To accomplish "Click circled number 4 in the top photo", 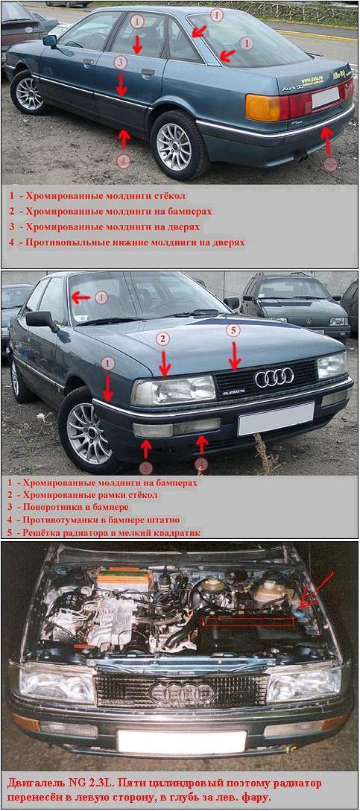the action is pos(123,161).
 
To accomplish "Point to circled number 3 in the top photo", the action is pos(120,63).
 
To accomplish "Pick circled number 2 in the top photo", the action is pos(330,164).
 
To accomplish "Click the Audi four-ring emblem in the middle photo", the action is pos(274,378).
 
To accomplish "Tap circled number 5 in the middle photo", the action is pos(233,330).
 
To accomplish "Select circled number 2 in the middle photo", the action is pos(163,338).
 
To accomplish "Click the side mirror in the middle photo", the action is pos(42,321).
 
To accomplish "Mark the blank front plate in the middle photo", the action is pos(276,419).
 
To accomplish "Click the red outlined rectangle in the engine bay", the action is pos(247,621).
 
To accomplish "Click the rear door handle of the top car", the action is pos(148,73).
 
